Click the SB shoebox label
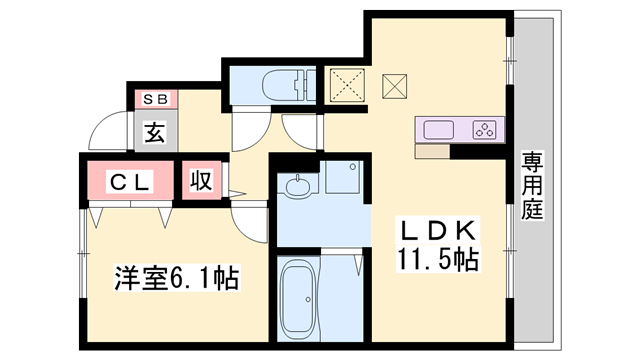click(x=155, y=99)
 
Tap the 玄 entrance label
click(x=156, y=132)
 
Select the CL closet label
click(x=130, y=182)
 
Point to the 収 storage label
click(x=201, y=180)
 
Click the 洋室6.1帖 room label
click(x=177, y=278)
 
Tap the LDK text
click(x=438, y=231)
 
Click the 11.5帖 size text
click(x=438, y=259)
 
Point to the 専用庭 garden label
click(x=533, y=185)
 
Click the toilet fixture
click(x=289, y=85)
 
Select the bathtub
click(x=298, y=298)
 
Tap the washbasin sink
click(x=298, y=187)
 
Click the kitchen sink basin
click(x=439, y=130)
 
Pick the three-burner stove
click(x=484, y=130)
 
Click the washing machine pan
click(x=343, y=177)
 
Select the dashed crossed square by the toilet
click(x=347, y=85)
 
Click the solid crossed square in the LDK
click(x=394, y=86)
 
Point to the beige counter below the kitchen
click(x=432, y=151)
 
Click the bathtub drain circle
click(x=308, y=300)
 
